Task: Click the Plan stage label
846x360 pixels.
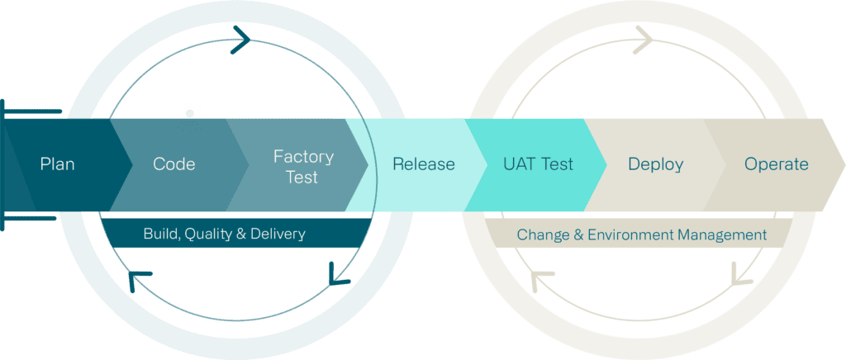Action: pos(57,164)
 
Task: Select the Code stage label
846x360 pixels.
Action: pos(174,164)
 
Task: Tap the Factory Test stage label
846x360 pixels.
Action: pos(303,166)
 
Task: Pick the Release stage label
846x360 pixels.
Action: pos(423,164)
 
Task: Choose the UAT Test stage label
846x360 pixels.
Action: pos(538,164)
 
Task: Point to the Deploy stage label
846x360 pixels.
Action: pos(655,164)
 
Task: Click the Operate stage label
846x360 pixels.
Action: pos(776,164)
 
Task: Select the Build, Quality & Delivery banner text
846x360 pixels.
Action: pos(224,234)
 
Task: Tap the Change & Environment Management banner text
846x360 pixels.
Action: pos(641,235)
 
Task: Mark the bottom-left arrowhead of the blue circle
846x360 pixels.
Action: pos(138,282)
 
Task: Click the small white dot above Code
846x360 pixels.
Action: pos(189,113)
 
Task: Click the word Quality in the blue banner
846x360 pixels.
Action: pos(208,234)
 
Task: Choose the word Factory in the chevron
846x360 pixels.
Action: pos(303,156)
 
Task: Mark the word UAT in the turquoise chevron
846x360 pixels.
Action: pos(520,164)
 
